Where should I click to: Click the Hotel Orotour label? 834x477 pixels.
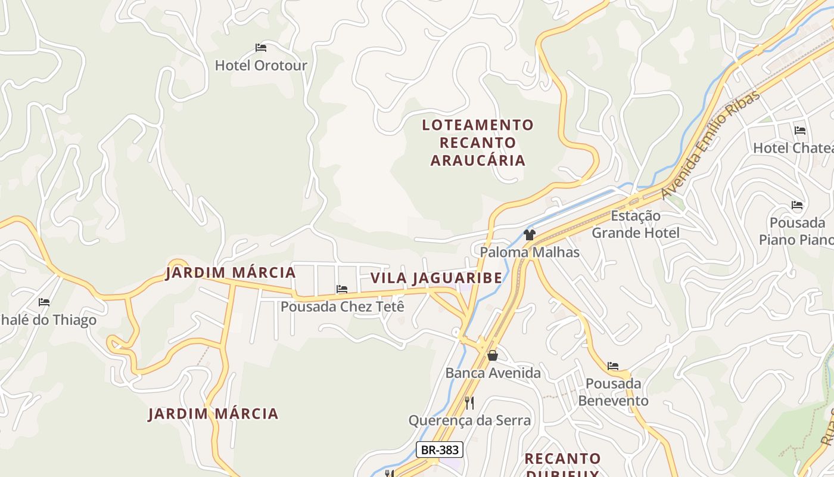coord(261,65)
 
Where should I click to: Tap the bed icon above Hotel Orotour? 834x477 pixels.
coord(261,47)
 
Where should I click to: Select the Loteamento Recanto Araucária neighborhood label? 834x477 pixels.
coord(478,143)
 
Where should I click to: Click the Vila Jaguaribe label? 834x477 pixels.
coord(436,278)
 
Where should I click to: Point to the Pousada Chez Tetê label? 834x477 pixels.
coord(342,307)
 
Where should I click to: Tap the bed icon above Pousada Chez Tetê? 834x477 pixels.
coord(342,289)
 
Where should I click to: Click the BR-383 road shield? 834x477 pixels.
coord(440,450)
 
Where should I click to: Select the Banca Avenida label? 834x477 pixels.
coord(493,373)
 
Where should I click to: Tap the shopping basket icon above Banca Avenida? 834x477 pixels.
coord(493,355)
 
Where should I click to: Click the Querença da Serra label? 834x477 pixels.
coord(469,420)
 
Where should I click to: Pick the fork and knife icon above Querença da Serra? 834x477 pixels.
coord(469,403)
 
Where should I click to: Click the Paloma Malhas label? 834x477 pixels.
coord(530,252)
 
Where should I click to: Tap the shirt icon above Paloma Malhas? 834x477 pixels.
coord(529,235)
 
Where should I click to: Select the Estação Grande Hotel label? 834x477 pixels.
coord(636,224)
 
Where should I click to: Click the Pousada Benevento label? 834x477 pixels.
coord(613,392)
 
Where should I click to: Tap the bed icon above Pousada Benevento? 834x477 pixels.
coord(613,366)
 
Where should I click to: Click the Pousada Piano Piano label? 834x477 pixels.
coord(796,231)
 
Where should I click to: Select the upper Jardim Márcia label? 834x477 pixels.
coord(231,273)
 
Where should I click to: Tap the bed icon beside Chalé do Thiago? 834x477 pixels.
coord(44,302)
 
